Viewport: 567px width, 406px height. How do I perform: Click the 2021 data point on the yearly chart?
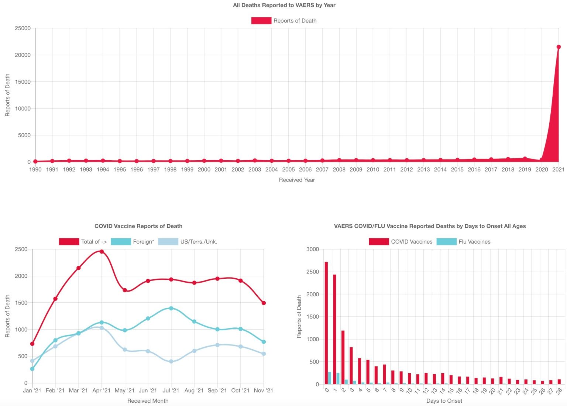[559, 47]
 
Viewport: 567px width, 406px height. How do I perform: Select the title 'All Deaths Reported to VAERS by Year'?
[284, 5]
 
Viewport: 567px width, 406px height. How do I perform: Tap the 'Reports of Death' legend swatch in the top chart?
[261, 21]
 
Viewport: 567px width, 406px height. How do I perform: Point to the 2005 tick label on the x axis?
[288, 169]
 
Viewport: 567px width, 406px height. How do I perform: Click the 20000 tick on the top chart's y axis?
[23, 55]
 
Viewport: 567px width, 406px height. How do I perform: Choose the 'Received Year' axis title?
[297, 180]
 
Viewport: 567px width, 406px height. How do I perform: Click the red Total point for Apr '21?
[102, 252]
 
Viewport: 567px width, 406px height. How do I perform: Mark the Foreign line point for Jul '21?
[171, 308]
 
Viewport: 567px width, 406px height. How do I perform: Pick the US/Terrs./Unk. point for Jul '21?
[171, 362]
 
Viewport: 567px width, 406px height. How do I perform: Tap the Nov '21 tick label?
[263, 390]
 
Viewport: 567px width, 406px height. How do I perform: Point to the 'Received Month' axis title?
[148, 401]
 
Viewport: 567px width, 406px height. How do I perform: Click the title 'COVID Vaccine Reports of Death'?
[138, 226]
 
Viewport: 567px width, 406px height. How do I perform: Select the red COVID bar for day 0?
[326, 323]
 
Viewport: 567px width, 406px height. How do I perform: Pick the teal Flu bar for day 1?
[338, 379]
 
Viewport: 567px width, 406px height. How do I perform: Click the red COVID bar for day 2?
[343, 357]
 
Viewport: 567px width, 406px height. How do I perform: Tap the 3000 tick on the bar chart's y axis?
[312, 249]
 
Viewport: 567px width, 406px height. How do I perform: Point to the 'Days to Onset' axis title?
[444, 401]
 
